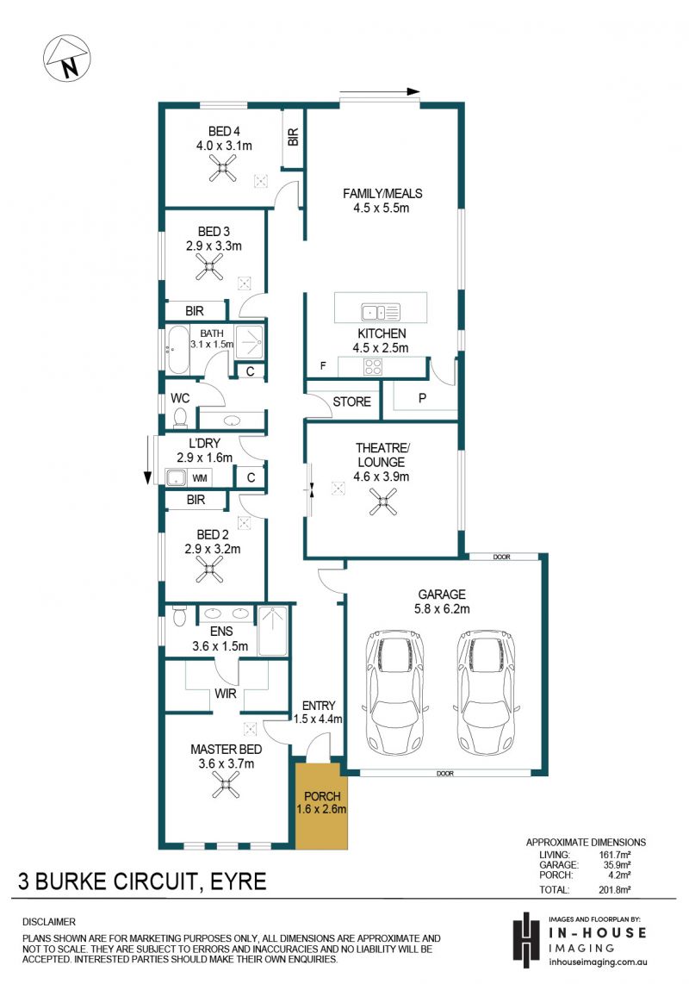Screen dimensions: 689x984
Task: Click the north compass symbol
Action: (x=66, y=59)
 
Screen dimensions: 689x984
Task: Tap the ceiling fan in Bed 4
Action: (x=223, y=168)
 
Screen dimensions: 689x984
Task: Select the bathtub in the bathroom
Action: (x=177, y=350)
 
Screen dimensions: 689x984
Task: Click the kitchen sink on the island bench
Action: (x=381, y=311)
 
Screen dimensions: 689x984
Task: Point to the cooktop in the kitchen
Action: (x=373, y=366)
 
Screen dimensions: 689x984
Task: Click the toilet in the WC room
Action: (x=181, y=417)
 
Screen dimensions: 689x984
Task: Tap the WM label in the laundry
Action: (x=200, y=478)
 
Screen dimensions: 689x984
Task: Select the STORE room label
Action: (x=351, y=402)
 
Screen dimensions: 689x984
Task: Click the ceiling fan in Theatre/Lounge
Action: (x=382, y=502)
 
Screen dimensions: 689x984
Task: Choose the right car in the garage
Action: (x=485, y=694)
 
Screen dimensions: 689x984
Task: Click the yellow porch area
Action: (x=321, y=806)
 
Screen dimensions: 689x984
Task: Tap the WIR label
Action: (x=226, y=694)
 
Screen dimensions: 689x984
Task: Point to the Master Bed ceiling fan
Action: (x=226, y=784)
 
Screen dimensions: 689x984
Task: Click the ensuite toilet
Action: (x=179, y=615)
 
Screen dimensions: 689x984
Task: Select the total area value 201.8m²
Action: (x=614, y=889)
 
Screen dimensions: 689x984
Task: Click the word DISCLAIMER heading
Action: (x=49, y=922)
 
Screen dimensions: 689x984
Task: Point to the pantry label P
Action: (x=422, y=398)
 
